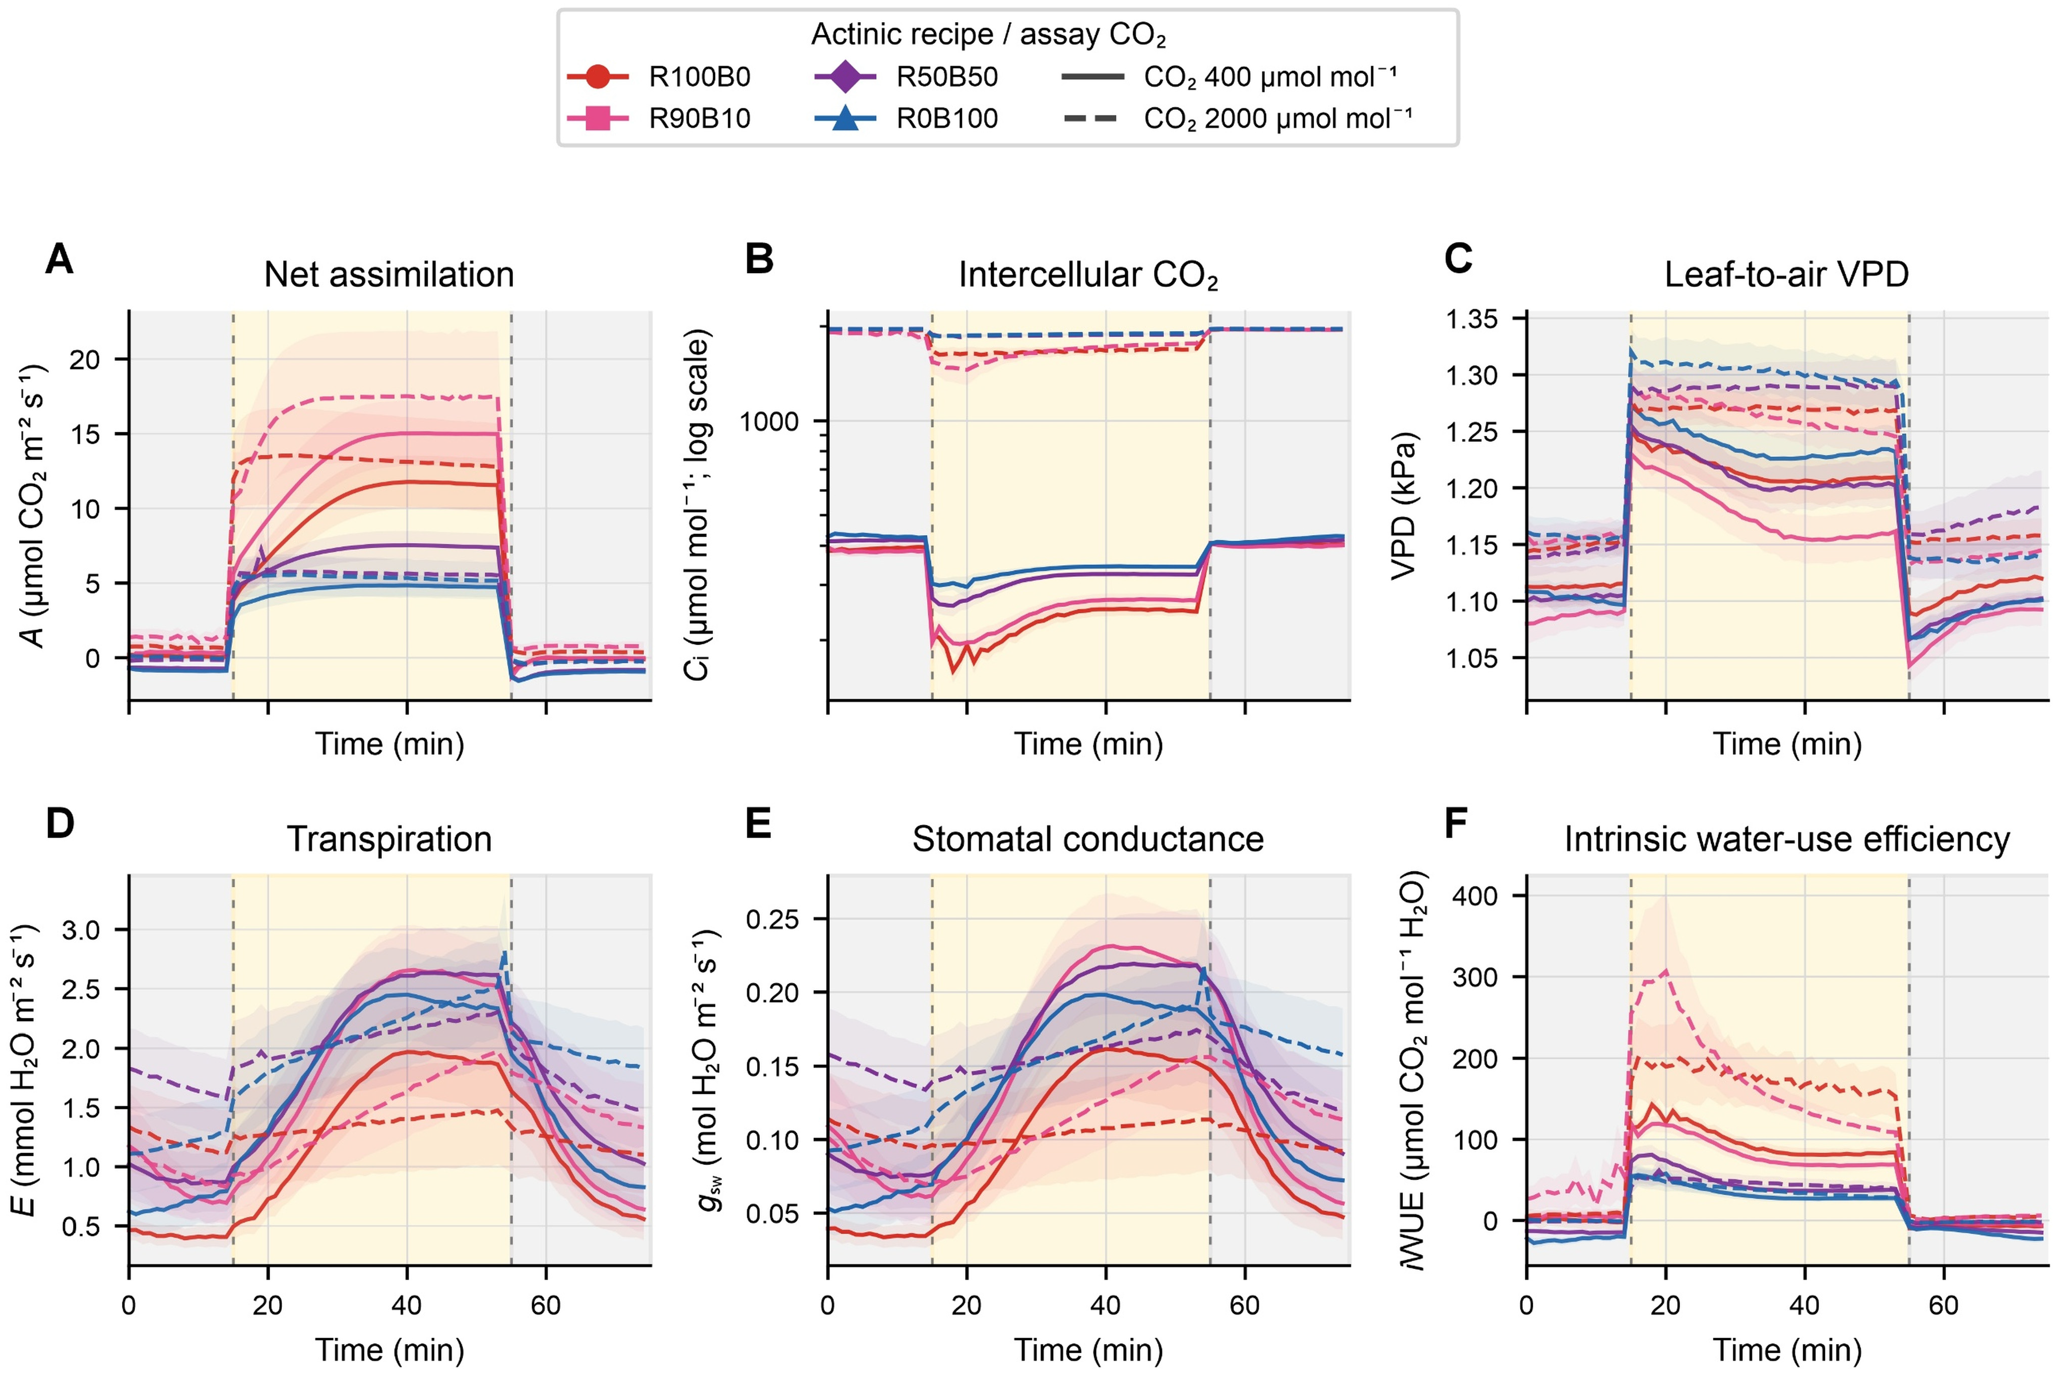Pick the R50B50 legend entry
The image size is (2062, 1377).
(907, 77)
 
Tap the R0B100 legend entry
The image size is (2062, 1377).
(907, 118)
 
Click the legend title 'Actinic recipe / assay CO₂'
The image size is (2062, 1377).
(989, 35)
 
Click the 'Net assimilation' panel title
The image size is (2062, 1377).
(389, 275)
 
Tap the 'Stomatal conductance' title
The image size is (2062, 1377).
(1088, 839)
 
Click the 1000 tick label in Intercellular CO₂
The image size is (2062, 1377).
(769, 422)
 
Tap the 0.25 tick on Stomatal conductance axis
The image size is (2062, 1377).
(773, 920)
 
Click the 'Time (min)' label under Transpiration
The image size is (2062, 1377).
(389, 1350)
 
